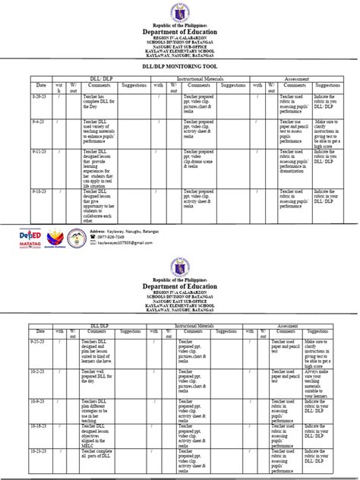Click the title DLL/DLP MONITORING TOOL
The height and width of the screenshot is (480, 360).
pyautogui.click(x=180, y=68)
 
